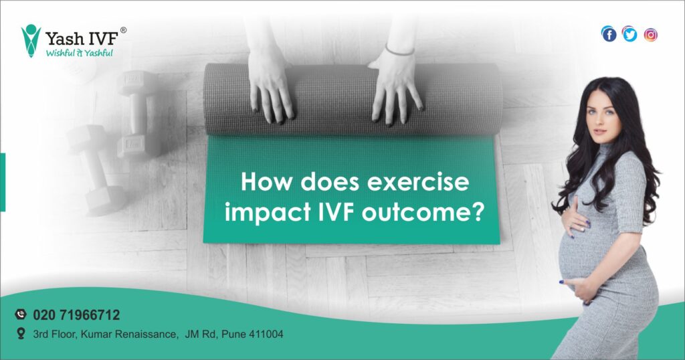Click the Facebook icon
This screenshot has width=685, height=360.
pyautogui.click(x=609, y=34)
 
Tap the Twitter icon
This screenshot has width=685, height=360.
pyautogui.click(x=629, y=34)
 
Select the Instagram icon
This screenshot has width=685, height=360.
pyautogui.click(x=650, y=34)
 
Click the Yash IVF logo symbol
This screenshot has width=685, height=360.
pyautogui.click(x=31, y=40)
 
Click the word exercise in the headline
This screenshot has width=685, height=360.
pyautogui.click(x=433, y=182)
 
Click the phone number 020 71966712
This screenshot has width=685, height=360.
pyautogui.click(x=76, y=314)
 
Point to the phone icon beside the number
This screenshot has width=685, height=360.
pyautogui.click(x=20, y=314)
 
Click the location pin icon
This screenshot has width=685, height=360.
pyautogui.click(x=20, y=333)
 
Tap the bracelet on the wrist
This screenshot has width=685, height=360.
pyautogui.click(x=400, y=50)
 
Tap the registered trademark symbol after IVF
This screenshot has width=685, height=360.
pyautogui.click(x=123, y=30)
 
